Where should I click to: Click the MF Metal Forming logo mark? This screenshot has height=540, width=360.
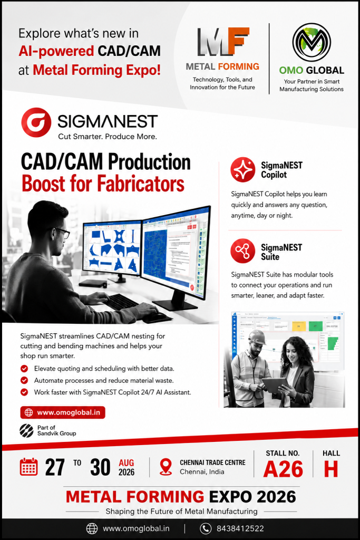223,41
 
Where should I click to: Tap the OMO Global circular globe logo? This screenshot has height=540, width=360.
312,42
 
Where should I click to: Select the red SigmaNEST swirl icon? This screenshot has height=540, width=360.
36,122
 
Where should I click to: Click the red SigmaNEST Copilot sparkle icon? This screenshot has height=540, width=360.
243,169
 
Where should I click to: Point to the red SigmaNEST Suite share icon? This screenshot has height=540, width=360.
243,251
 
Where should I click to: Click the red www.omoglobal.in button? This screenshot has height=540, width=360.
63,412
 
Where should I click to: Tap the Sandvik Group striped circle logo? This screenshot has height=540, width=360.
26,430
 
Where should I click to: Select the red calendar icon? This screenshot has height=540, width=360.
28,467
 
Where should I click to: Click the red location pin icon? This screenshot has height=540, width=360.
166,467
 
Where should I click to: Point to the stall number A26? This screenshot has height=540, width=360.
283,469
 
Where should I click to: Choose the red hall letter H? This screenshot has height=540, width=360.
330,469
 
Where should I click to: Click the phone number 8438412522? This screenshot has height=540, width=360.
240,528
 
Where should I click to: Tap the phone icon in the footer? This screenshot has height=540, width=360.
206,528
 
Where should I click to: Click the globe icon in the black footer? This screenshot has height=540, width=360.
92,528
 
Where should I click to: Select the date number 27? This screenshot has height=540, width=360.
55,467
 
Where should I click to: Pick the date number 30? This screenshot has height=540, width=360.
101,467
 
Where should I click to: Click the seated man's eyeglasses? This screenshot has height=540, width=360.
62,233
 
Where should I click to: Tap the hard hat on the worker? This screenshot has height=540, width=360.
257,337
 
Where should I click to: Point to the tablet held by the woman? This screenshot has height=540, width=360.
275,384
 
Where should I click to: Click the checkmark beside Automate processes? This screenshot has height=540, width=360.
24,380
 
